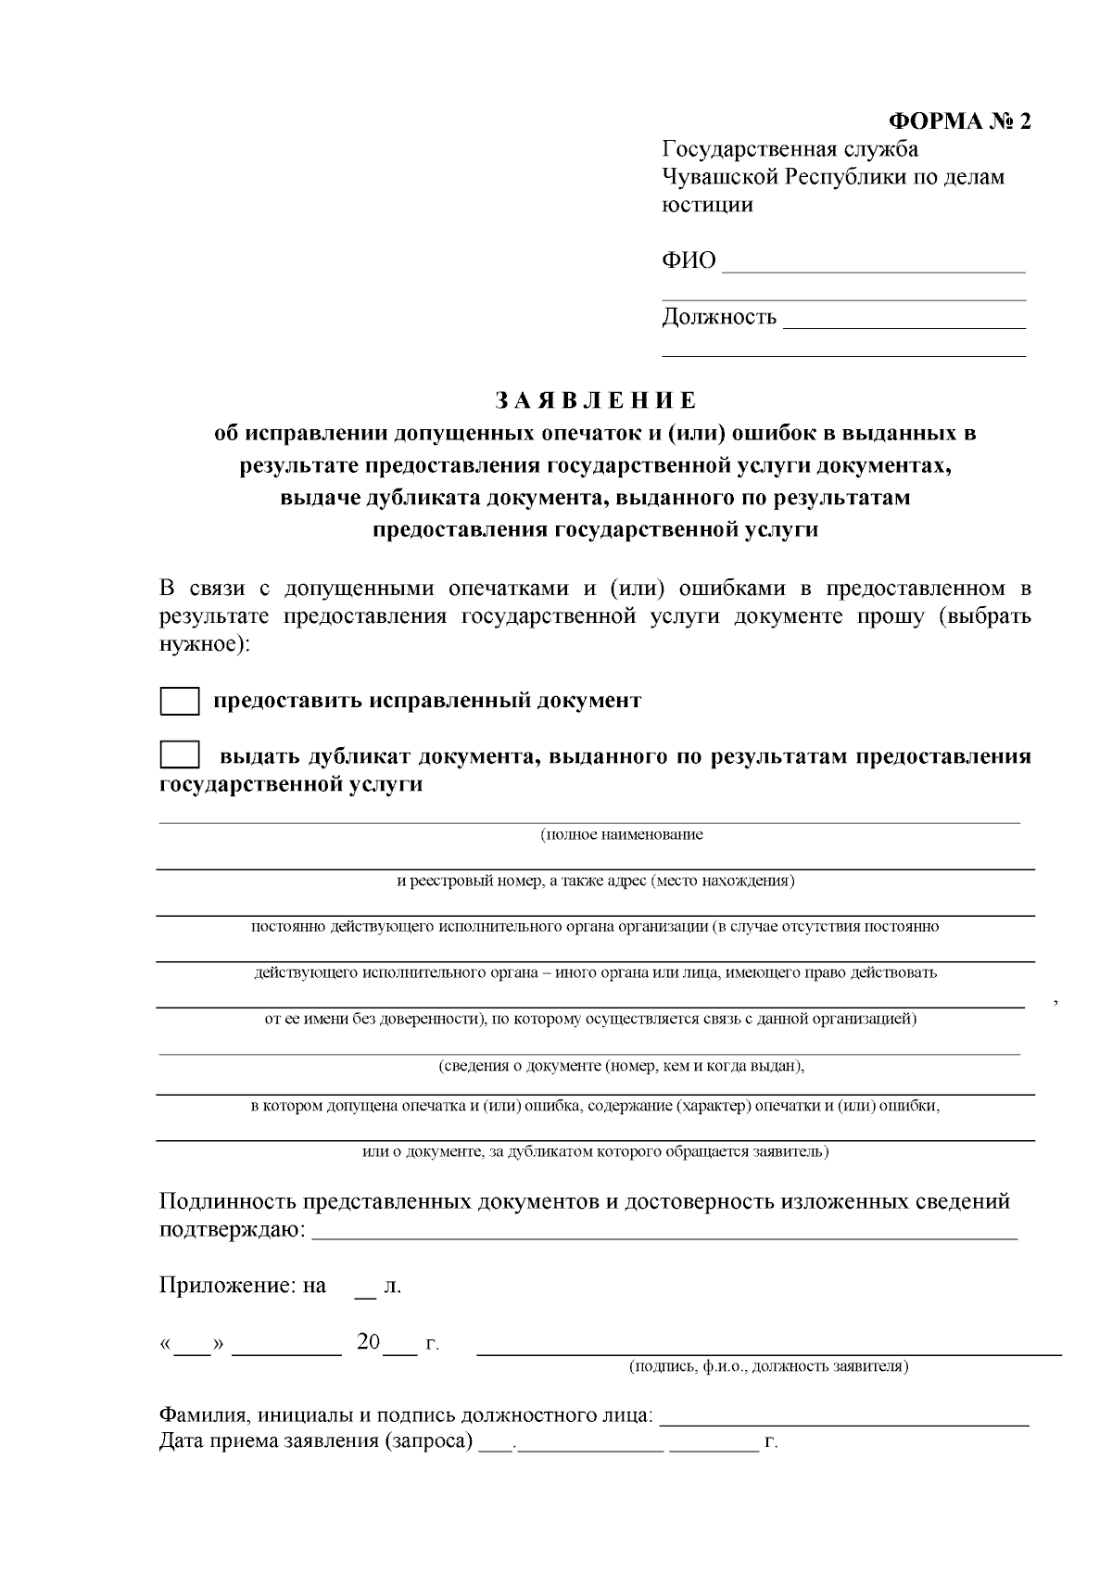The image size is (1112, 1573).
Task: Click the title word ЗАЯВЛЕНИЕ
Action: point(595,400)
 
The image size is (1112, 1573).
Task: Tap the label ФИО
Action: point(689,261)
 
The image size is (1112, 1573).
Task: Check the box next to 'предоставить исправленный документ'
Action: point(180,701)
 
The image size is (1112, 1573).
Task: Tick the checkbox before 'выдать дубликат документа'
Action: point(180,755)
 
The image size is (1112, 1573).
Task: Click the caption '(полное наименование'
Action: point(622,834)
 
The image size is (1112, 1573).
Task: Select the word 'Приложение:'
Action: point(227,1286)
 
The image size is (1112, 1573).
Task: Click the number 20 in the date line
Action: point(368,1342)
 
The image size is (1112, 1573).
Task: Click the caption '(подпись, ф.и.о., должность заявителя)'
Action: point(768,1366)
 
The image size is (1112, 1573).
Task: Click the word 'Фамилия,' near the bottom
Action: point(205,1416)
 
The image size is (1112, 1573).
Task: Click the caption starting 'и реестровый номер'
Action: point(596,881)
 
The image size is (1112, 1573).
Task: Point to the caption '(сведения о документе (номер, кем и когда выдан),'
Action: point(621,1066)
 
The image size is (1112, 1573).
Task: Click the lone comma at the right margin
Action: point(1056,1001)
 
